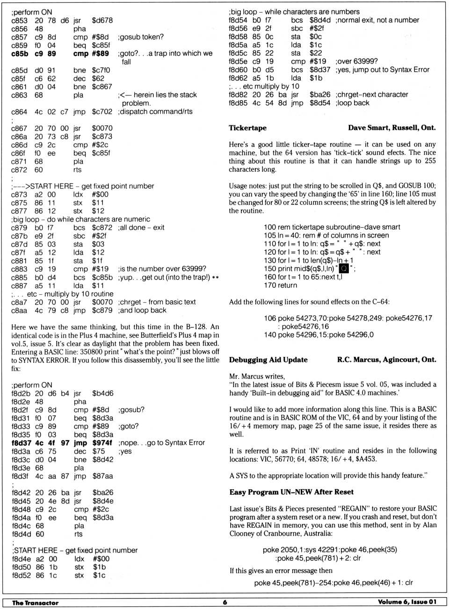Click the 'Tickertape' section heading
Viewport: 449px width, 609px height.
(247, 128)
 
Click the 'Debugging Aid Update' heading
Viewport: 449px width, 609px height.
(268, 360)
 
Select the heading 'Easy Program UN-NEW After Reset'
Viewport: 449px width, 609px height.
(291, 492)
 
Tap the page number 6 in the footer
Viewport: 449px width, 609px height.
(224, 602)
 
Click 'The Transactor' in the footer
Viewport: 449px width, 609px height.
(35, 602)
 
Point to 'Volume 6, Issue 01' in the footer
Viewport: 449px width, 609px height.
(406, 602)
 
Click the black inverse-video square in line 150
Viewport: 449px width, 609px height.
(344, 268)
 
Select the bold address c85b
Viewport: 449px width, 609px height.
(20, 54)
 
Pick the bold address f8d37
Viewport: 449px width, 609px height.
(21, 442)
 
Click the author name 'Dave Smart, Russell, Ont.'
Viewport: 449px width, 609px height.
(391, 128)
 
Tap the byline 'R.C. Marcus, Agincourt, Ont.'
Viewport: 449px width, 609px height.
(386, 360)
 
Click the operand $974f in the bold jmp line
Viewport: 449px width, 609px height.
(102, 442)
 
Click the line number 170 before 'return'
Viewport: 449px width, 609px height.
(270, 285)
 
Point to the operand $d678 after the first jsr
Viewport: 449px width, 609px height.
(102, 21)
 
